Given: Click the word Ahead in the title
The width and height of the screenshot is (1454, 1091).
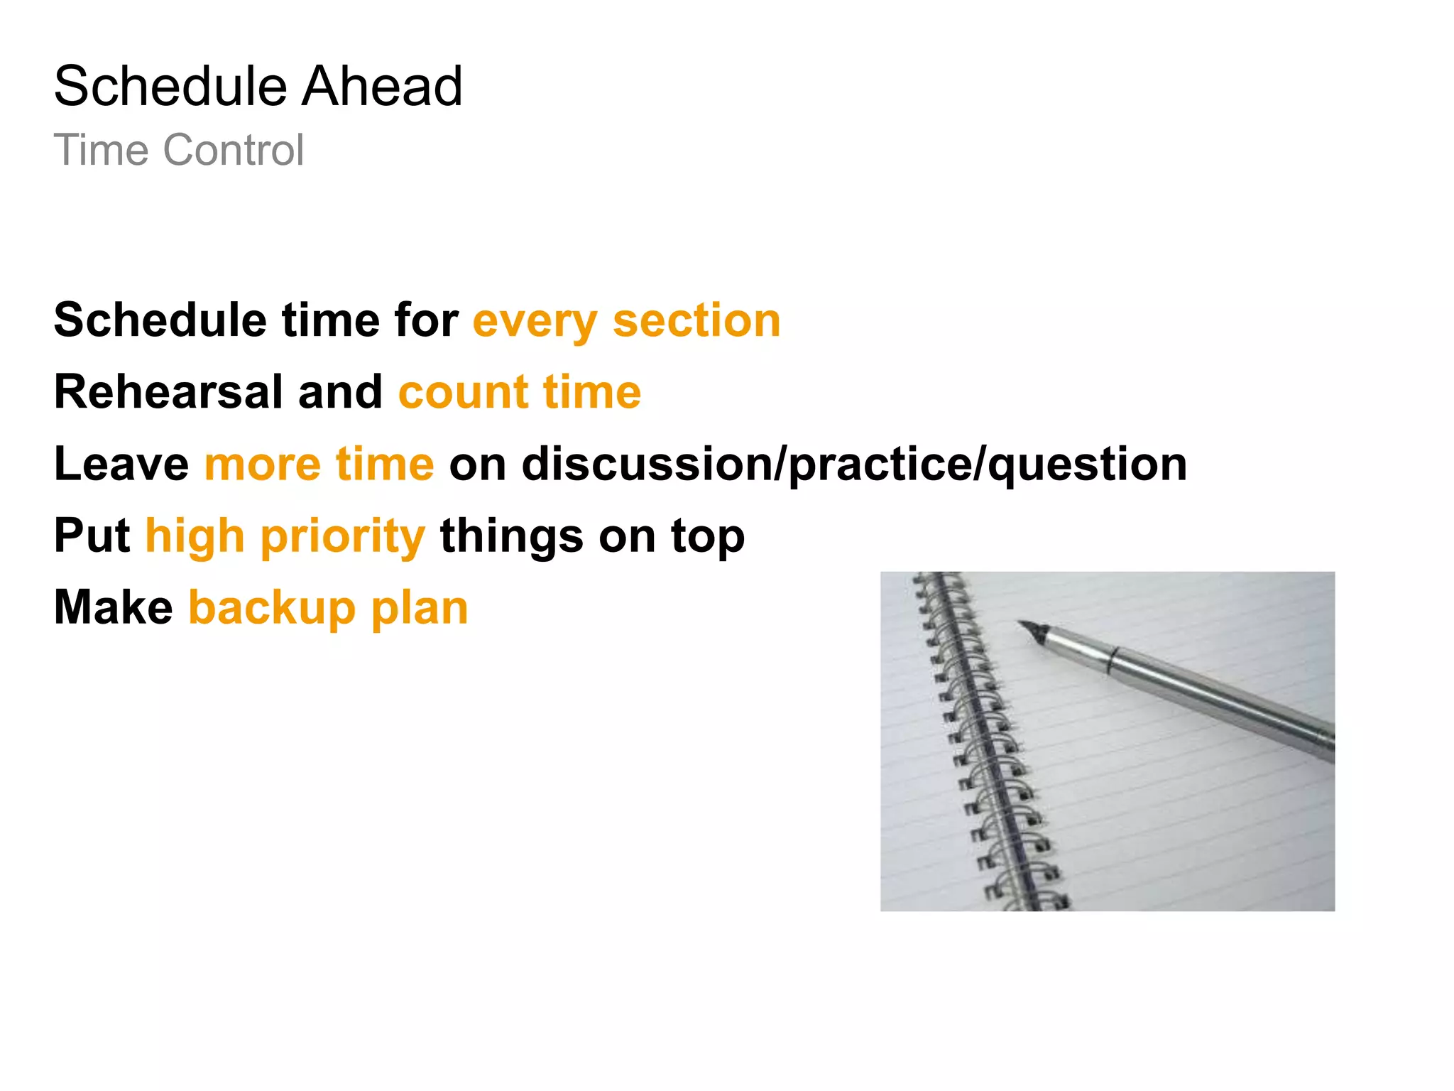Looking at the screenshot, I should point(383,86).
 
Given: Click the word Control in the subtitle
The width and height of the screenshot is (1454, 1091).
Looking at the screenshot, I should point(234,150).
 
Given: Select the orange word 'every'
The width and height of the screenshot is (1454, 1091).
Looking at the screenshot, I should point(535,321).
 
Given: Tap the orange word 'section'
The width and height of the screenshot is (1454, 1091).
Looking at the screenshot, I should point(696,320).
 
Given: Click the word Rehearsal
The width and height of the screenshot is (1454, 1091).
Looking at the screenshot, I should point(169,392).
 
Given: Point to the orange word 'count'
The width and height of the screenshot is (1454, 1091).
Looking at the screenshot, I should point(463,393).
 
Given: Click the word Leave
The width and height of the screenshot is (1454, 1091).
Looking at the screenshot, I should point(121,464).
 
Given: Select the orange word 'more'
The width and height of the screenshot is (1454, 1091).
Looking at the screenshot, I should point(262,465).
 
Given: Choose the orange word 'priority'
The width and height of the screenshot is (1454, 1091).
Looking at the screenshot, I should point(343,537).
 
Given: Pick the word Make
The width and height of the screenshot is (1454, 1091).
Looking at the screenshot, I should point(114,608).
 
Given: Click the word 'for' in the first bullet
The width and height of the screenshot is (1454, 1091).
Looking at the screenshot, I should point(426,320).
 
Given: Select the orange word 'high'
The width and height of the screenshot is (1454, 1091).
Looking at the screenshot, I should point(195,537).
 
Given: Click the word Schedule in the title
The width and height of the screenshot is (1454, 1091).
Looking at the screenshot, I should point(170,86).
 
